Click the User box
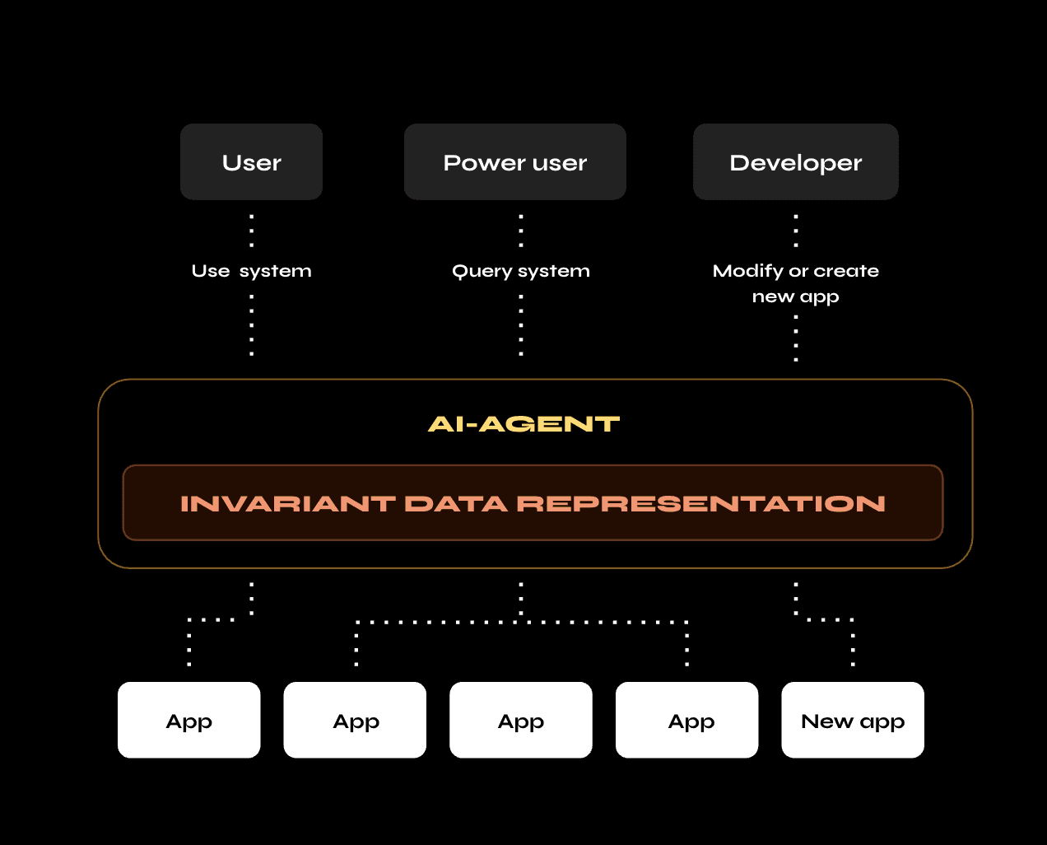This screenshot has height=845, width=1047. (x=251, y=162)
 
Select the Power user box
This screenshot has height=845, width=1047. (x=514, y=162)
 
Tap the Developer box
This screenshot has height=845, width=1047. (x=795, y=162)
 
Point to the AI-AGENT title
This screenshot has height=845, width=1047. (x=523, y=424)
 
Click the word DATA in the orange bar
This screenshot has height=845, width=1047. (x=455, y=504)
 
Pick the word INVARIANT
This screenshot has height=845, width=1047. (x=287, y=504)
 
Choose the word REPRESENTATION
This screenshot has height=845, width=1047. (x=700, y=504)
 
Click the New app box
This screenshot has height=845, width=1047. (x=852, y=721)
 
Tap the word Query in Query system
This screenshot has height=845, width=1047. (x=482, y=272)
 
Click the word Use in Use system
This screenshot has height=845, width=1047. (x=211, y=271)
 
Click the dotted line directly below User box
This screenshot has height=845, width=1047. (x=252, y=231)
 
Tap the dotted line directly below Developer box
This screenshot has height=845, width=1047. (x=796, y=231)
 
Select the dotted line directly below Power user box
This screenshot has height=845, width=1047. (x=521, y=231)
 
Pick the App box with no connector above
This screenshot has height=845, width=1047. (x=520, y=721)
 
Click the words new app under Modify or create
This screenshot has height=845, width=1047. (x=795, y=296)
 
